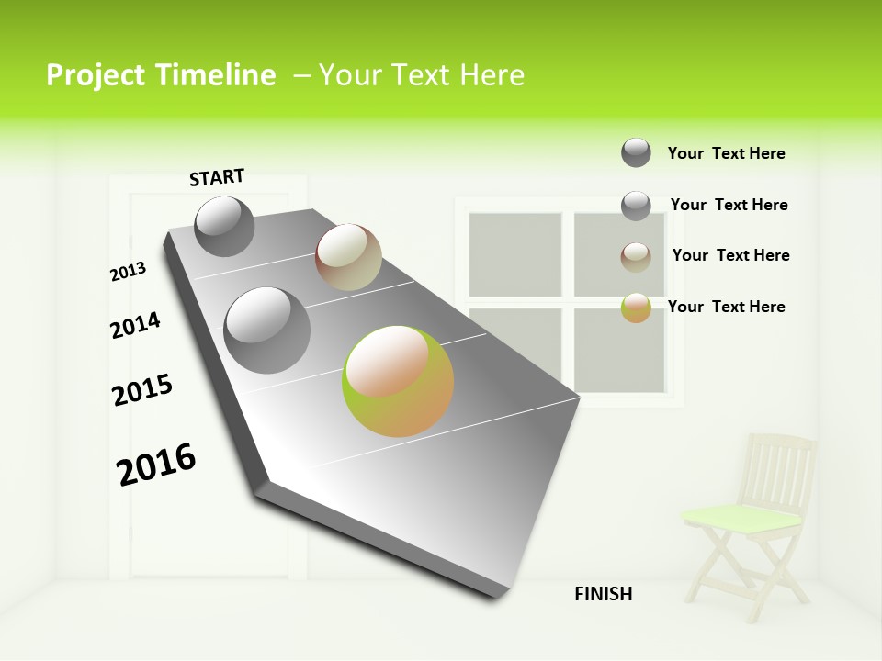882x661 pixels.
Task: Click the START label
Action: coord(217,177)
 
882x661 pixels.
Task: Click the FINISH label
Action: coord(603,594)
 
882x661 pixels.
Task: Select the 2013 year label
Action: coord(128,272)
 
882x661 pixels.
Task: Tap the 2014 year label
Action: coord(135,325)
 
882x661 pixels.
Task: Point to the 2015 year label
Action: coord(141,390)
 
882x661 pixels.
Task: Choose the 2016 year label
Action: coord(156,465)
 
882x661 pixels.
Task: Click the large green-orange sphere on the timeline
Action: coord(398,380)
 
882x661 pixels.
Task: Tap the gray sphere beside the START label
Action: coord(224,226)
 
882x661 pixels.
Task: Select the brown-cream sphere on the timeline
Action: coord(348,257)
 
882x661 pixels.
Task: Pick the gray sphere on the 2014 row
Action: coord(266,330)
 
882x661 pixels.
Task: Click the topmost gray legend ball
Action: coord(636,152)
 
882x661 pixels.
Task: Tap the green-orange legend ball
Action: coord(636,308)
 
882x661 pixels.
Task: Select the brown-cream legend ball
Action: coord(636,257)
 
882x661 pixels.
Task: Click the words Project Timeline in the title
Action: coord(161,75)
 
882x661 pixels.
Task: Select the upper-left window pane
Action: coord(514,254)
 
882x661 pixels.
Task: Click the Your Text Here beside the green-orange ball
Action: coord(726,307)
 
